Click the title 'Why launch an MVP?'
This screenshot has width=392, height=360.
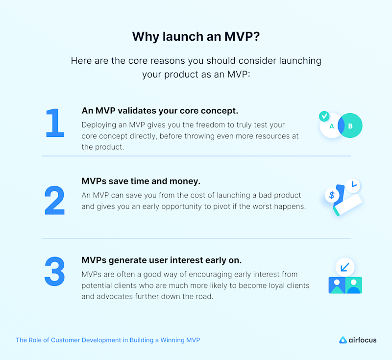tap(196, 37)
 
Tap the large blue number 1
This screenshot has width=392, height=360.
tap(55, 123)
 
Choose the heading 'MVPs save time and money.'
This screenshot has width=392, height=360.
tap(141, 181)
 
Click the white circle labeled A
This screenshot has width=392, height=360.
tap(331, 127)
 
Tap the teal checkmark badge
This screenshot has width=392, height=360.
tap(324, 116)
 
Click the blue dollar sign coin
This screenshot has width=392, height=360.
tap(332, 195)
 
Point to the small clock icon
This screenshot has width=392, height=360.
tap(353, 185)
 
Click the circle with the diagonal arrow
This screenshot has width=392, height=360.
tap(345, 267)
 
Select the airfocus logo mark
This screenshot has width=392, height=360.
tap(343, 339)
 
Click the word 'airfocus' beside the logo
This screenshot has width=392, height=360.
tap(363, 339)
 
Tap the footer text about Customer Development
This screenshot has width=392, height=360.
tap(108, 339)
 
